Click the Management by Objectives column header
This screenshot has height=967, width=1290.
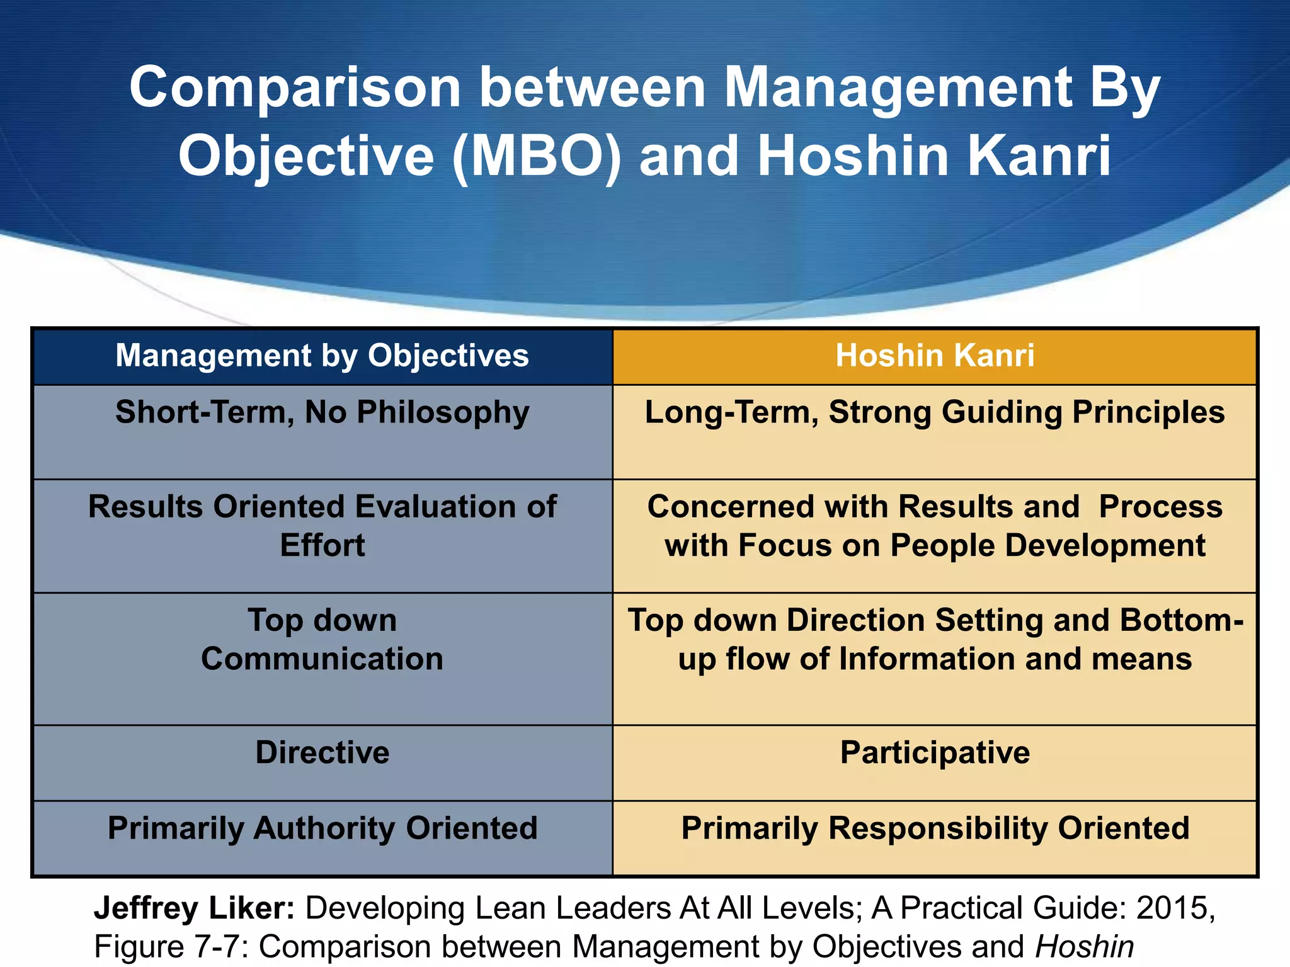(x=322, y=356)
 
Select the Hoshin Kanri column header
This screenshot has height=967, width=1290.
(x=935, y=356)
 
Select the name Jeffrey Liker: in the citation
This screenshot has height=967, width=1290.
(x=194, y=908)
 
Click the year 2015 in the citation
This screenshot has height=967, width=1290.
(x=1175, y=908)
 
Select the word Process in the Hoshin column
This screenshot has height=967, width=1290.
(x=1160, y=507)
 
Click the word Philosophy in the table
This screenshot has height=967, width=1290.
(x=443, y=413)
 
